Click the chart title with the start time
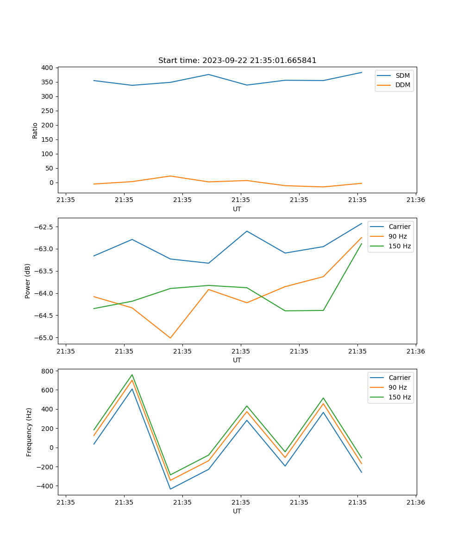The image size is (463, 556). pyautogui.click(x=237, y=61)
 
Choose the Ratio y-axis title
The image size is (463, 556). pyautogui.click(x=35, y=130)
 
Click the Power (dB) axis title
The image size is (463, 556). pyautogui.click(x=28, y=281)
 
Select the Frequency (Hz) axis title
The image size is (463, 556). pyautogui.click(x=29, y=432)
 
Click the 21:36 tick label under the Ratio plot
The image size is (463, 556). pyautogui.click(x=416, y=200)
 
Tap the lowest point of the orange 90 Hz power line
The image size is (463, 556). pyautogui.click(x=170, y=338)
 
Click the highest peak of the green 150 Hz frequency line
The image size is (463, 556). pyautogui.click(x=132, y=375)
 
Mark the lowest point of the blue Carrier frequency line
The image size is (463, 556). pyautogui.click(x=170, y=489)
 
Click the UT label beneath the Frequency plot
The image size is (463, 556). pyautogui.click(x=237, y=511)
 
